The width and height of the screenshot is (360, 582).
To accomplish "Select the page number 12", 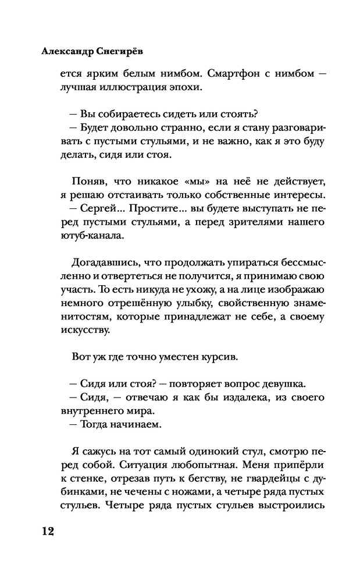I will click(47, 532).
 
